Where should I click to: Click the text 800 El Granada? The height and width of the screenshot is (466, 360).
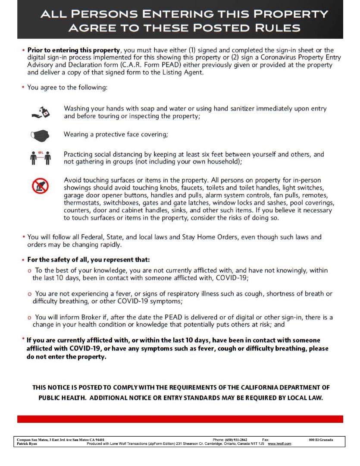point(321,440)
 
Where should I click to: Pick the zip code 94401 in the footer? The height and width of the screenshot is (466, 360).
point(99,440)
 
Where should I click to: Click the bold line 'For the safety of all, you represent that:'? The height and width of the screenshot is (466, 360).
point(88,260)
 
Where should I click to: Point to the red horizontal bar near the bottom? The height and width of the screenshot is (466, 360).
point(180,419)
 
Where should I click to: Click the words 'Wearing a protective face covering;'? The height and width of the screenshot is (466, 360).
point(116,135)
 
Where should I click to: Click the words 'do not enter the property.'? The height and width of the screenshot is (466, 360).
point(66,357)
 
